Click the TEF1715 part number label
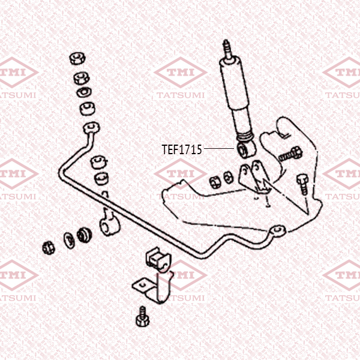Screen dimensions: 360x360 [182, 149]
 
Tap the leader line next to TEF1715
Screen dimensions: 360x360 [219, 149]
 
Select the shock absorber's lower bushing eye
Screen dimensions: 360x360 [245, 149]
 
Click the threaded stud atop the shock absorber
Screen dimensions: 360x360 [227, 49]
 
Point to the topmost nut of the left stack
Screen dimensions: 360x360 [77, 58]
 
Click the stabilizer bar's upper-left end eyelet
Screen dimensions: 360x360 [91, 128]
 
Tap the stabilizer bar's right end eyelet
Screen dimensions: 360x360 [278, 230]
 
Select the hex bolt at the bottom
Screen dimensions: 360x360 [142, 317]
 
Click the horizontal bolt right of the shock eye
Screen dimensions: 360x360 [290, 154]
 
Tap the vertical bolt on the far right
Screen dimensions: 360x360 [302, 184]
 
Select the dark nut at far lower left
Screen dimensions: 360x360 [49, 248]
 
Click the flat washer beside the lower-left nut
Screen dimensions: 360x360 [69, 241]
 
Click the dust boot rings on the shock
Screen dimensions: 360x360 [245, 136]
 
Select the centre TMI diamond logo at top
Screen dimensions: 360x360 [181, 73]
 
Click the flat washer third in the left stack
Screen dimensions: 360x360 [84, 92]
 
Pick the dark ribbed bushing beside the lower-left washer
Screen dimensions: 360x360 [84, 235]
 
